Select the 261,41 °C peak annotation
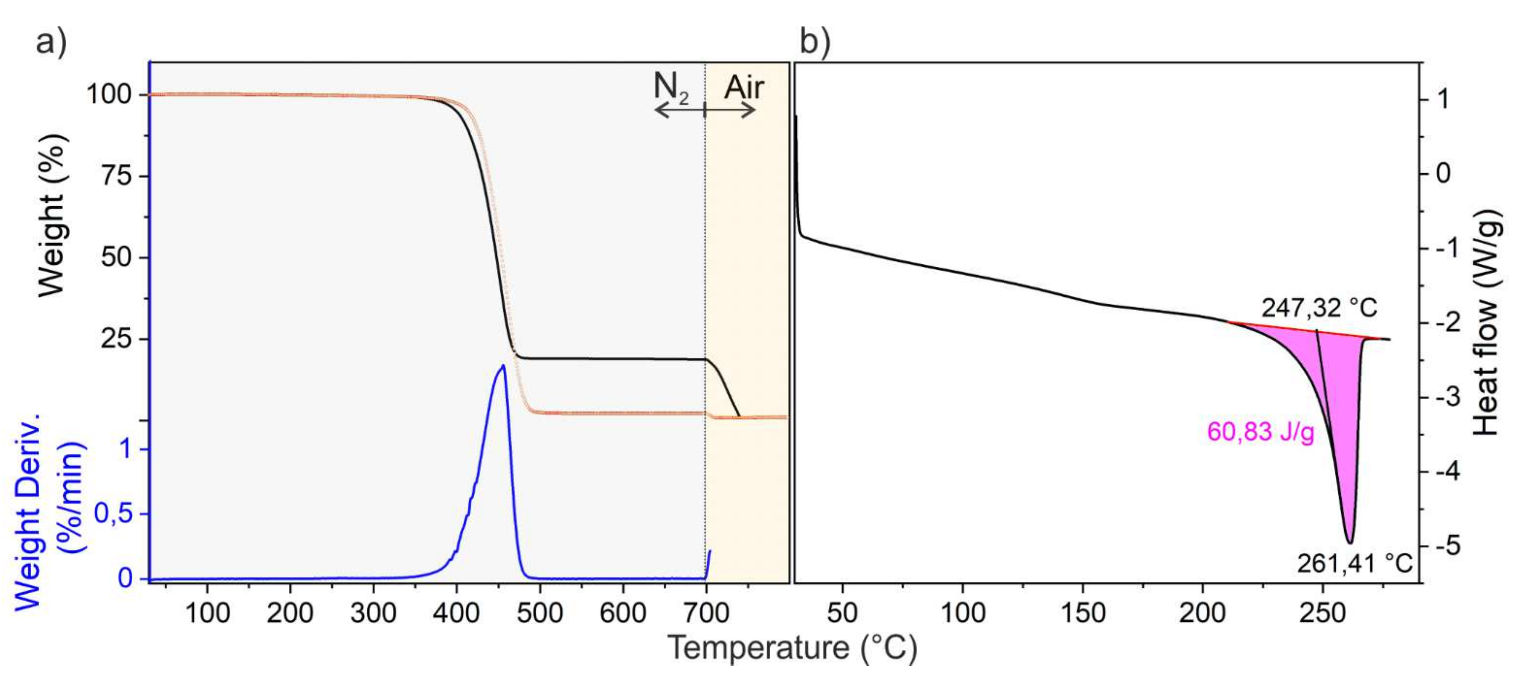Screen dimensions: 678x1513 click(x=1354, y=564)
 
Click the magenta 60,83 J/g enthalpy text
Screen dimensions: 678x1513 click(x=1260, y=433)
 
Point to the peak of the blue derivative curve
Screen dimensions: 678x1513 click(x=503, y=366)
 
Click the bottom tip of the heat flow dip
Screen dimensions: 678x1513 click(x=1350, y=542)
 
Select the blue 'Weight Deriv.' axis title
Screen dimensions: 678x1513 click(x=26, y=511)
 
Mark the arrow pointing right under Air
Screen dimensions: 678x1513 click(x=731, y=110)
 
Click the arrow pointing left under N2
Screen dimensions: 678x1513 click(x=678, y=110)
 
